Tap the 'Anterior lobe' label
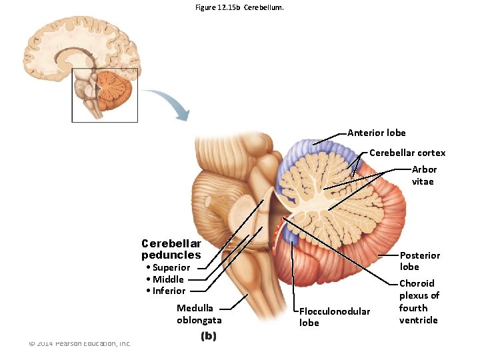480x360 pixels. pyautogui.click(x=376, y=133)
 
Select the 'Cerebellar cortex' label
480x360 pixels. pyautogui.click(x=407, y=153)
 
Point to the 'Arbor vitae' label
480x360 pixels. pyautogui.click(x=423, y=175)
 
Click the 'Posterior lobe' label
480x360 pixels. pyautogui.click(x=419, y=261)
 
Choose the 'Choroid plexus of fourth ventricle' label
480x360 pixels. pyautogui.click(x=419, y=301)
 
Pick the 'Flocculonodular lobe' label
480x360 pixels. pyautogui.click(x=334, y=317)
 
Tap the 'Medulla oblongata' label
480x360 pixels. pyautogui.click(x=199, y=313)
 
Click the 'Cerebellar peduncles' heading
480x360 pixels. pyautogui.click(x=171, y=249)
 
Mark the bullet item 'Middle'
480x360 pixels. pyautogui.click(x=167, y=279)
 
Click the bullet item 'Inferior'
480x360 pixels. pyautogui.click(x=167, y=291)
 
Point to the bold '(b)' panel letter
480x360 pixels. pyautogui.click(x=209, y=337)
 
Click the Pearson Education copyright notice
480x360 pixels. pyautogui.click(x=79, y=343)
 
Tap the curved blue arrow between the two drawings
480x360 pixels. pyautogui.click(x=167, y=102)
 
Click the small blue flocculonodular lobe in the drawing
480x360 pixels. pyautogui.click(x=291, y=233)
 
